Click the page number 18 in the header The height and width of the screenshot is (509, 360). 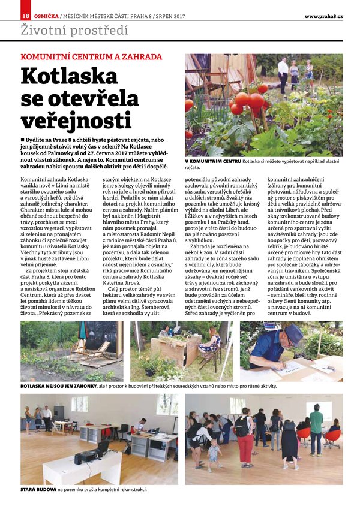click(25, 16)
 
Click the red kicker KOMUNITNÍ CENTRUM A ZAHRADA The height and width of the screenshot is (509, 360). click(91, 57)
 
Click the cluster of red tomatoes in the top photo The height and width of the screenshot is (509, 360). click(250, 102)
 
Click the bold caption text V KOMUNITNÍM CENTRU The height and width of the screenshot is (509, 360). click(213, 162)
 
